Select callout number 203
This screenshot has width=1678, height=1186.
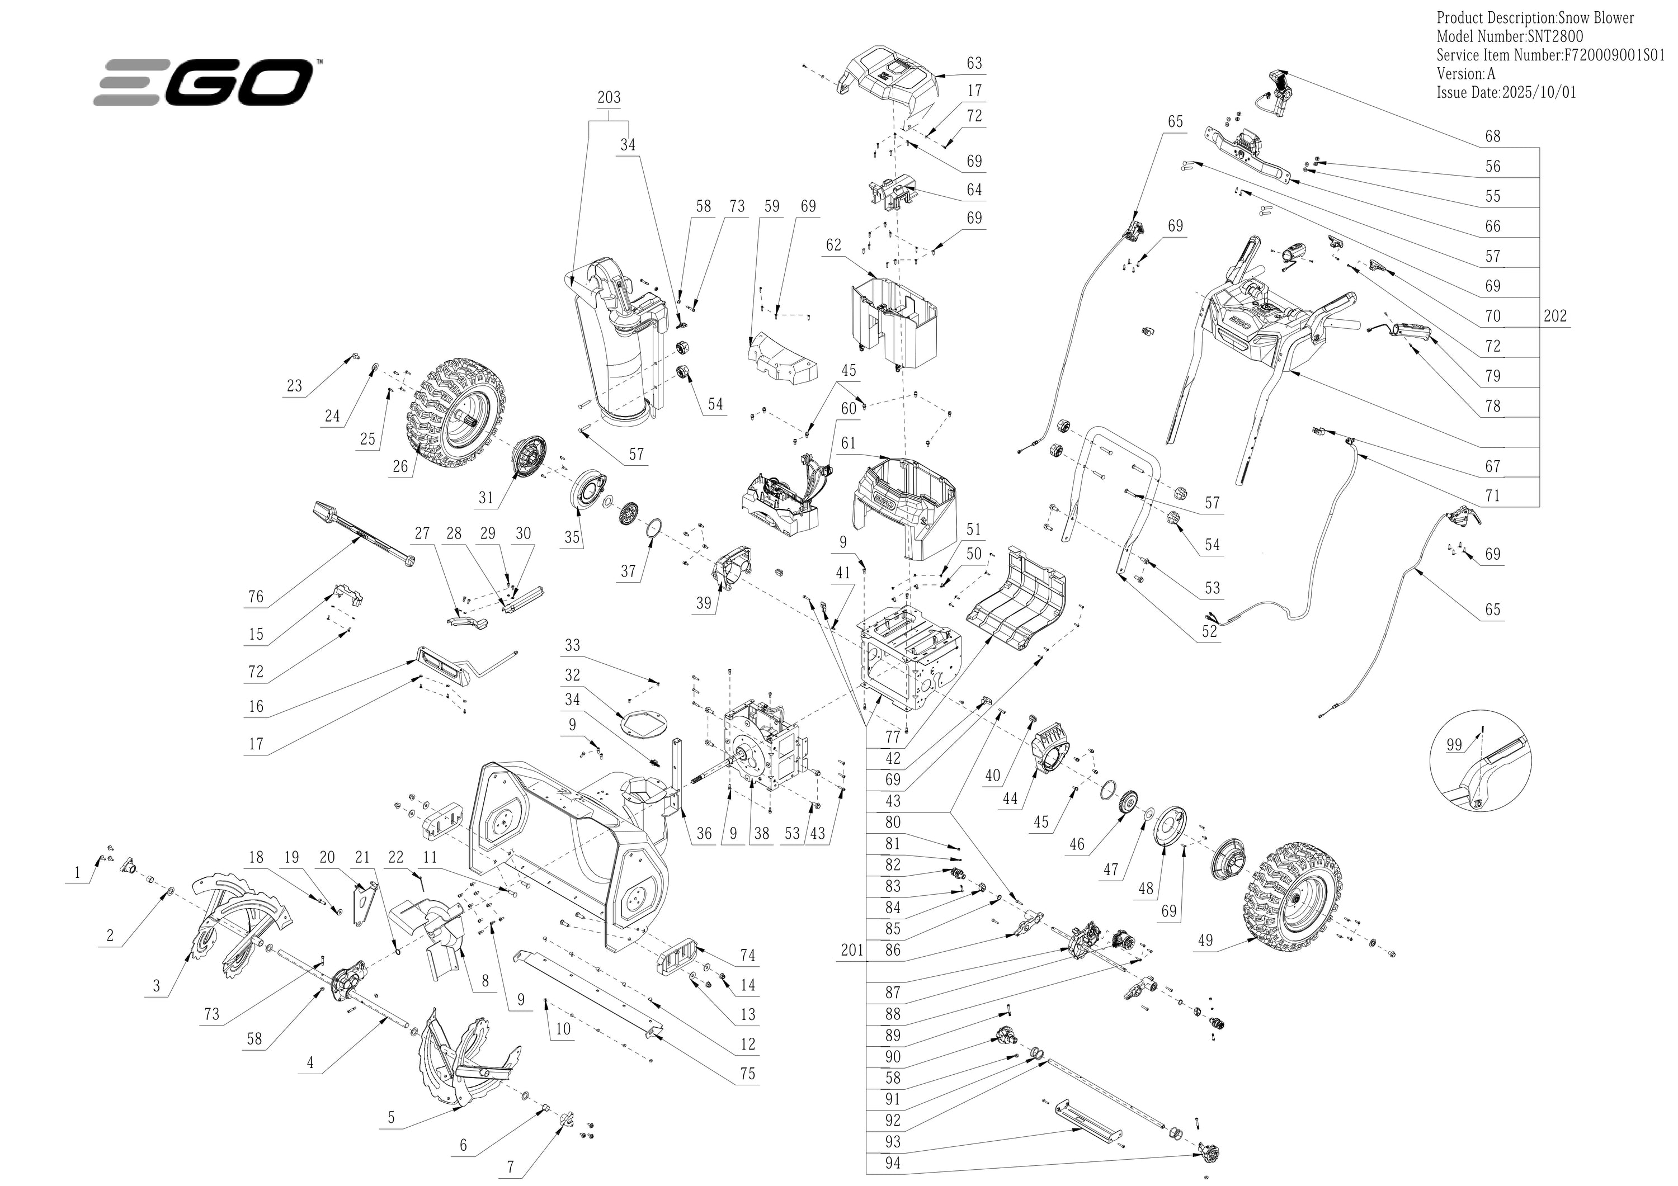tap(609, 97)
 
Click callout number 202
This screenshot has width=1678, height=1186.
tap(1555, 316)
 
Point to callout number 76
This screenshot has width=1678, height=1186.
tap(255, 596)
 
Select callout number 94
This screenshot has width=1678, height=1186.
tap(892, 1163)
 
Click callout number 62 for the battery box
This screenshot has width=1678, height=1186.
tap(834, 245)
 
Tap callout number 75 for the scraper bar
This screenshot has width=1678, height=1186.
tap(748, 1074)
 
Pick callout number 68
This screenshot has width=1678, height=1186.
tap(1493, 136)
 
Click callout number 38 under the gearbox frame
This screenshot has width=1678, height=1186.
tap(761, 834)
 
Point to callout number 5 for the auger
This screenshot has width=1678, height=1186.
tap(391, 1117)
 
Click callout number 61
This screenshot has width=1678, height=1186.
tap(848, 443)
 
